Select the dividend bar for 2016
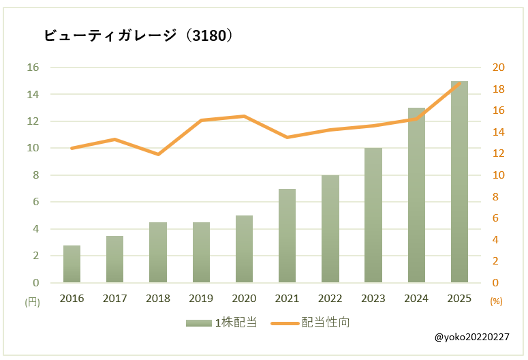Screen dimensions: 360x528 click(72, 264)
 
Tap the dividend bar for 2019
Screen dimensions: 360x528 click(201, 252)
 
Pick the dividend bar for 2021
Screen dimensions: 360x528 click(287, 236)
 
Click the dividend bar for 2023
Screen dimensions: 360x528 click(373, 215)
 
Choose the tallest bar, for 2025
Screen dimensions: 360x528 click(459, 182)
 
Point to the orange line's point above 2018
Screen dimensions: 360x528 click(158, 154)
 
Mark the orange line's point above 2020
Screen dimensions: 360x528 click(244, 117)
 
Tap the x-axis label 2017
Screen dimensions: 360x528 click(114, 298)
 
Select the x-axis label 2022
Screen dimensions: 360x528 click(330, 298)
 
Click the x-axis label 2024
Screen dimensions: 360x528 click(416, 298)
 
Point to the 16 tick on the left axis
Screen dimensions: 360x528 click(33, 67)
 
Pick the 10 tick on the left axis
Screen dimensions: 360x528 click(33, 148)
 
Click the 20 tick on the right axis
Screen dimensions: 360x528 click(498, 67)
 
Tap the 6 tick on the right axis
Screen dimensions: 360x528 click(495, 218)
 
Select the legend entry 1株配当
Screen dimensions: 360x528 click(221, 322)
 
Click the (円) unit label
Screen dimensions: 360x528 click(32, 301)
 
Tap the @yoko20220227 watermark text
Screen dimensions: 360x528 click(471, 337)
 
